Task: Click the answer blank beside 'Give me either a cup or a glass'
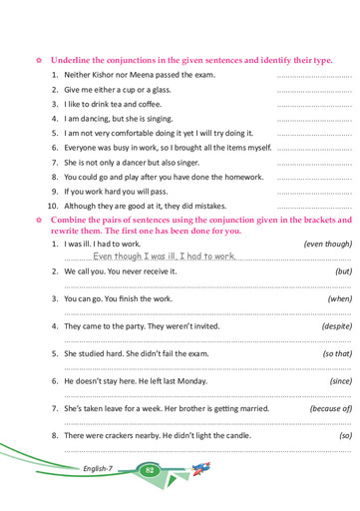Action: (314, 91)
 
